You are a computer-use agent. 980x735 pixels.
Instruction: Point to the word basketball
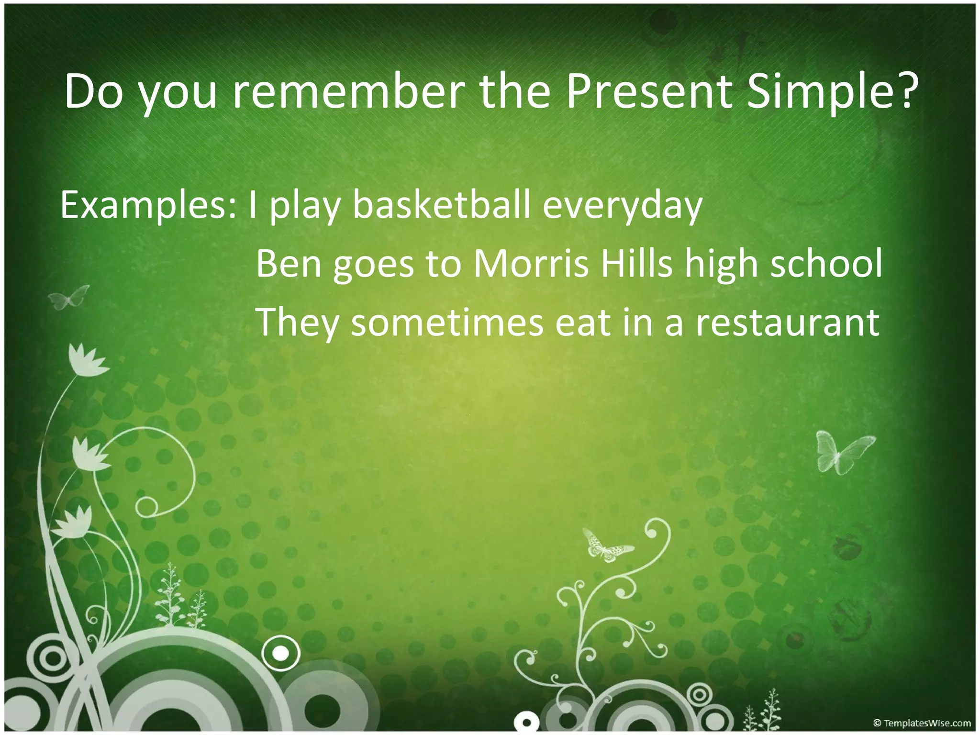(x=441, y=205)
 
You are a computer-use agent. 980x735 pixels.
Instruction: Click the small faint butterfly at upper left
(x=69, y=297)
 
